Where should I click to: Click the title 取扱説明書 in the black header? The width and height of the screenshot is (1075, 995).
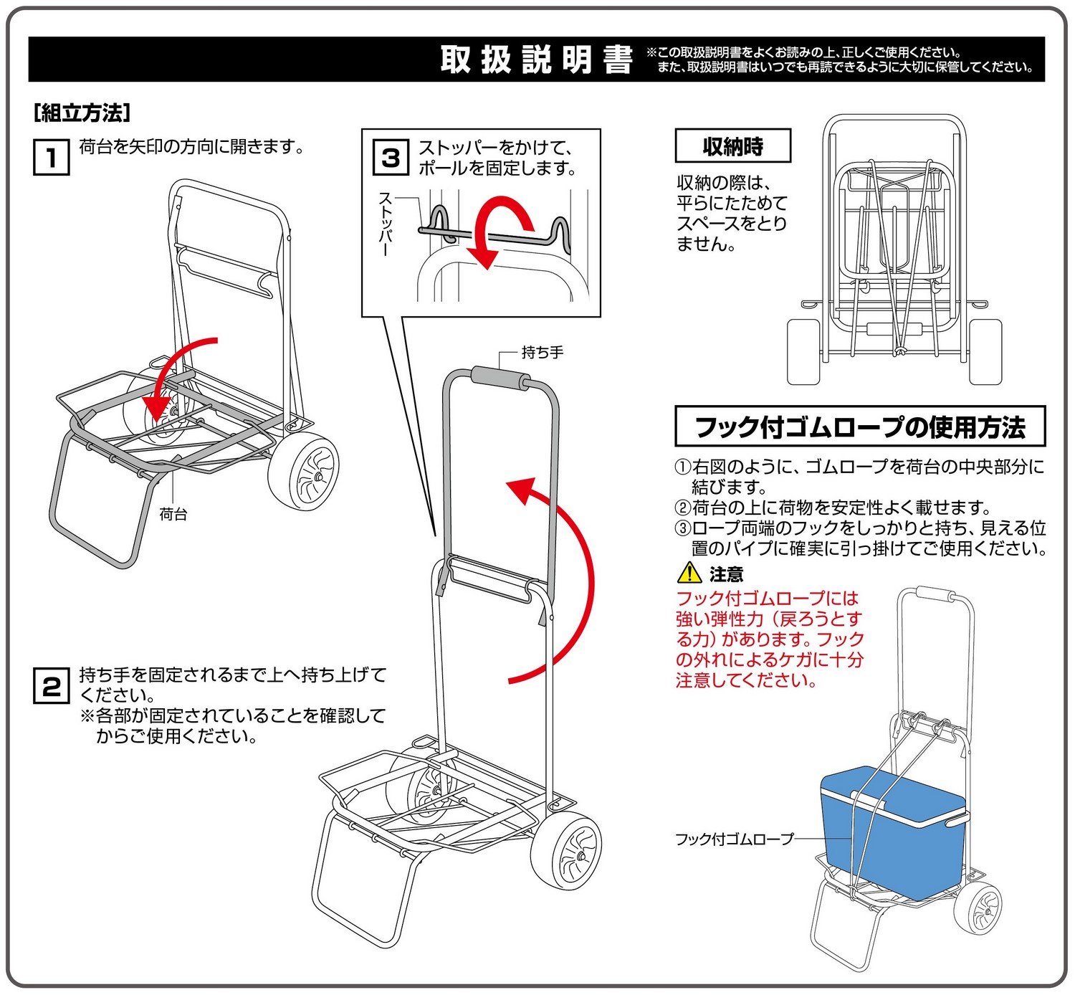(x=537, y=59)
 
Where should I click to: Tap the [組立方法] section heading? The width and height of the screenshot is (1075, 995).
(x=82, y=113)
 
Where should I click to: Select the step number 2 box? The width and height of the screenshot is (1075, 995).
(x=52, y=687)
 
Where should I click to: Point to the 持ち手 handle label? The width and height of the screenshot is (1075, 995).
(x=543, y=352)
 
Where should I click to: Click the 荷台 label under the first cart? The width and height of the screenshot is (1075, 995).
(x=173, y=514)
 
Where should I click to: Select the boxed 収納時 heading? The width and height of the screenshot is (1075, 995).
(x=732, y=146)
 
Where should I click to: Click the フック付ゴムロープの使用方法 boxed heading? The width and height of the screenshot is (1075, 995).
(x=860, y=427)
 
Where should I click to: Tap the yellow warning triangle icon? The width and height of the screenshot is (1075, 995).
(x=689, y=573)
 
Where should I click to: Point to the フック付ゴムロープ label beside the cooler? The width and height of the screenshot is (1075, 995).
(x=735, y=839)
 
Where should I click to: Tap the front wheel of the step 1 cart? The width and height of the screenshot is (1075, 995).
(x=305, y=472)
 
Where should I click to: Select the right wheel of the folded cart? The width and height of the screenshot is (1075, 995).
(x=984, y=351)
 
